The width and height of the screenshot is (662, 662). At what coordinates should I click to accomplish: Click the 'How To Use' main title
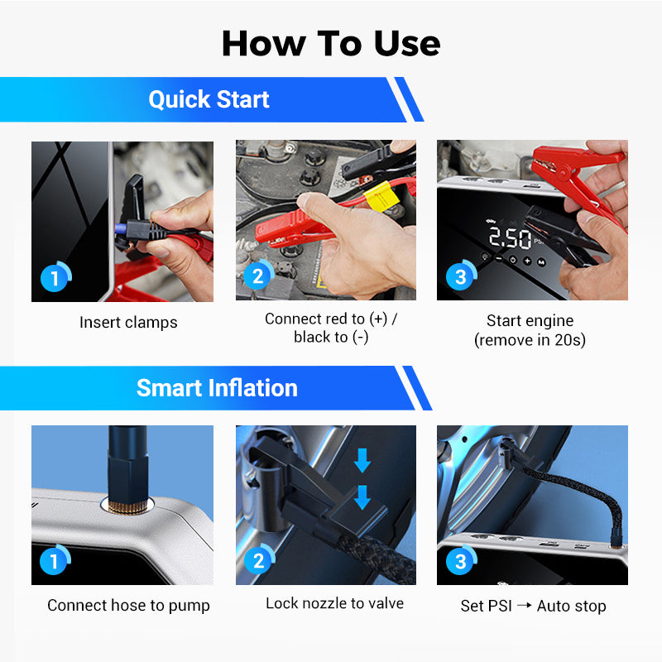(x=331, y=43)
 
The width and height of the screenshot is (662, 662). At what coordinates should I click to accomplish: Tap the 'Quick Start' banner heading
(x=209, y=99)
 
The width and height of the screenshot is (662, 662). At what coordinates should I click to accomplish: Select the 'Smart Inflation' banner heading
(x=217, y=388)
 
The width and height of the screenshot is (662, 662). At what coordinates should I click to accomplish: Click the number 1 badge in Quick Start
(x=55, y=277)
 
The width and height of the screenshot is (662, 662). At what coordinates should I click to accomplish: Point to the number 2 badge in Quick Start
(x=258, y=275)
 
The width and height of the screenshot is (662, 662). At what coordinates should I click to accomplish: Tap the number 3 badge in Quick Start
(x=461, y=276)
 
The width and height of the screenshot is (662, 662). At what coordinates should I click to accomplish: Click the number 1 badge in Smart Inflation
(x=55, y=560)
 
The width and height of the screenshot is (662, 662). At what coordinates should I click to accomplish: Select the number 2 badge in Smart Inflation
(x=259, y=560)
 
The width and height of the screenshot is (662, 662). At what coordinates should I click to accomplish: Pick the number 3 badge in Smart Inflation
(x=461, y=560)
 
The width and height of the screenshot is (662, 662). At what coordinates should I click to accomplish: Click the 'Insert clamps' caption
(x=128, y=322)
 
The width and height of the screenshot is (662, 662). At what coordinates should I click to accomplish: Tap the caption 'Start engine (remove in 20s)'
(x=530, y=330)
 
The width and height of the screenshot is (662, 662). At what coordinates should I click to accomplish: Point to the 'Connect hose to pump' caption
(x=128, y=606)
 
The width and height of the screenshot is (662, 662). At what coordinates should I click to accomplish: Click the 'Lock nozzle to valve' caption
(x=334, y=603)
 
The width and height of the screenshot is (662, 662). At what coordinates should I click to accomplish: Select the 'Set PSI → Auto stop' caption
(x=533, y=606)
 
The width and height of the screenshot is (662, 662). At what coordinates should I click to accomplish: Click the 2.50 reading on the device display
(x=510, y=237)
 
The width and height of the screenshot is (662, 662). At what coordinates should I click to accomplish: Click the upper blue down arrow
(x=362, y=460)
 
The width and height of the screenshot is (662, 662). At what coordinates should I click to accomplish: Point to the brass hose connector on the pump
(x=127, y=506)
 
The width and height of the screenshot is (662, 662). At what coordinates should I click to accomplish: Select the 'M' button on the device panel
(x=541, y=262)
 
